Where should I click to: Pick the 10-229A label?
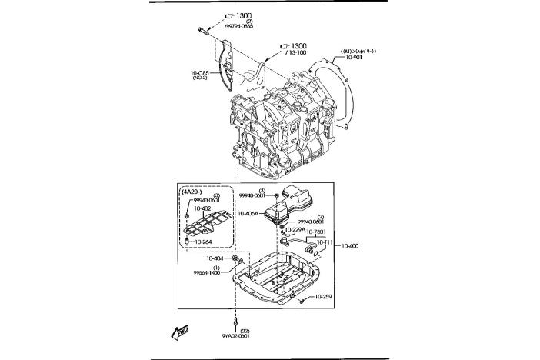click(295, 229)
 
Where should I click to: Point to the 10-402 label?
click(202, 208)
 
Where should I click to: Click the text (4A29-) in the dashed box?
click(195, 192)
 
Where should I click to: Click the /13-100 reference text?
click(296, 52)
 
